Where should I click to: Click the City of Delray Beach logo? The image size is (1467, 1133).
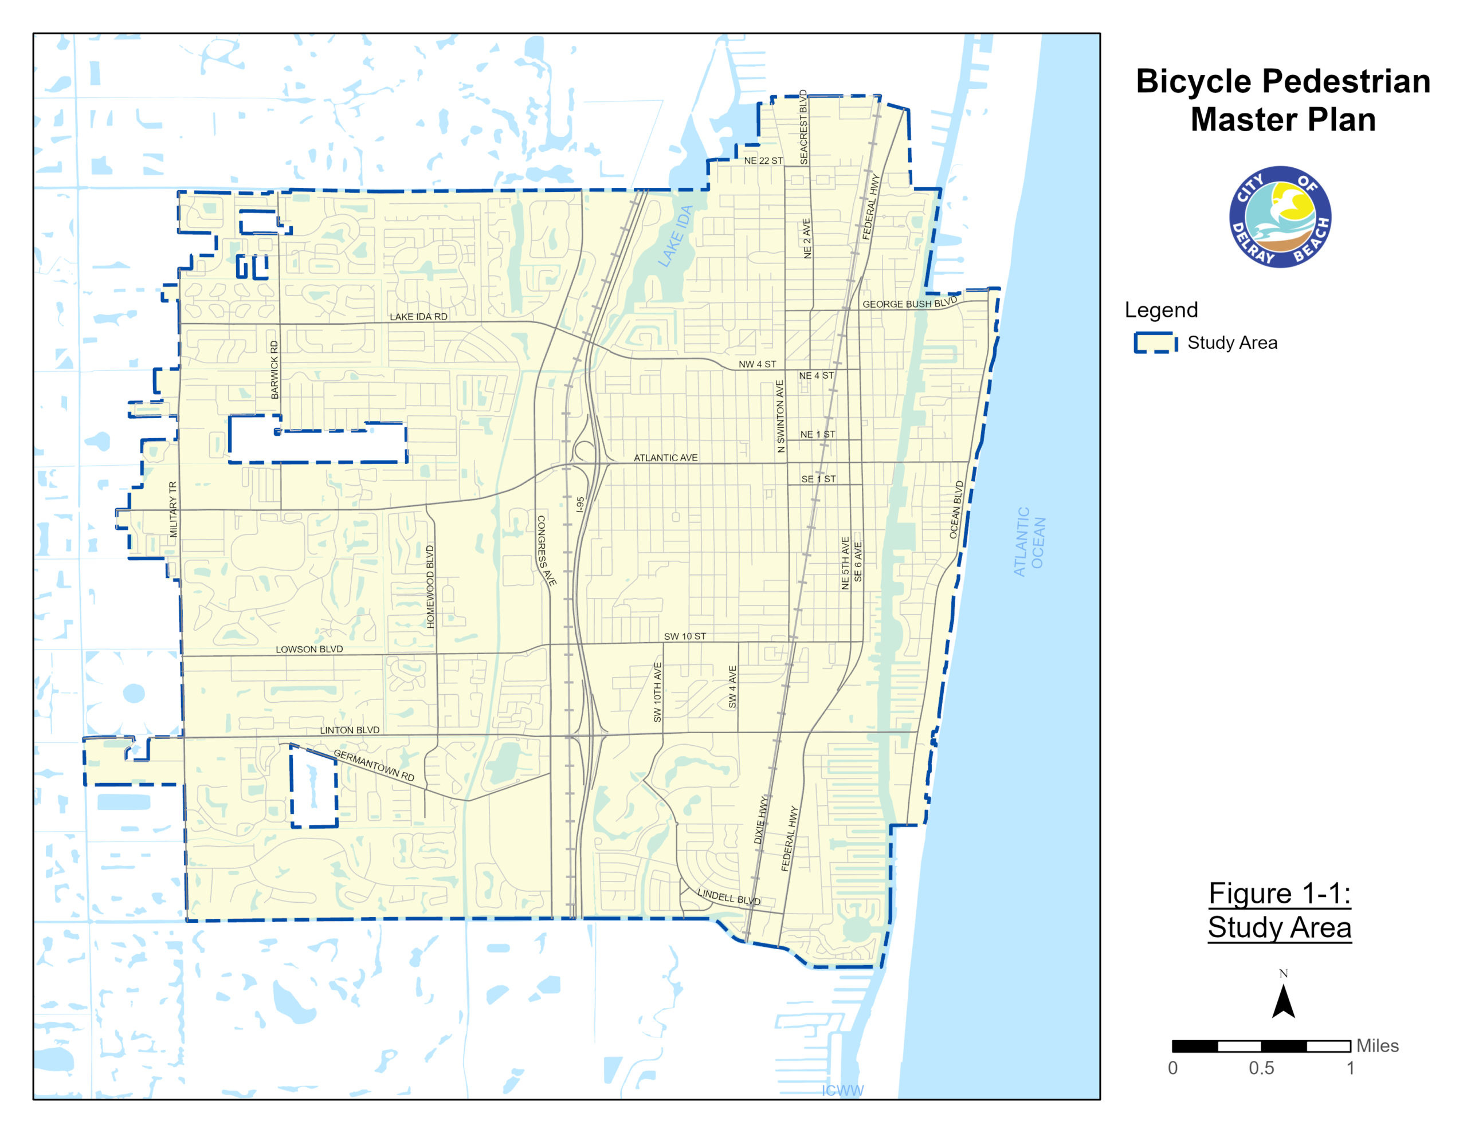click(x=1280, y=217)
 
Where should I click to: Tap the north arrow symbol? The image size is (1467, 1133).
click(x=1283, y=1001)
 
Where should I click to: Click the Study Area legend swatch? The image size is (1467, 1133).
click(x=1155, y=343)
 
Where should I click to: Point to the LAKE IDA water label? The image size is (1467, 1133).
click(x=675, y=237)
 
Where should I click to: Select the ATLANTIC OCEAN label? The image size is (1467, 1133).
click(x=1029, y=541)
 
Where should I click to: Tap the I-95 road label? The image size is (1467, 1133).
click(x=580, y=505)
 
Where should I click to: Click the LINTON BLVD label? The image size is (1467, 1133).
click(x=350, y=730)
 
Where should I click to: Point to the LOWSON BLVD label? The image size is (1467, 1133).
click(x=309, y=650)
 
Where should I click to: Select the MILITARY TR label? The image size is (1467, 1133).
click(x=173, y=509)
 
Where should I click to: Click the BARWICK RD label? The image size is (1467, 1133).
click(x=274, y=369)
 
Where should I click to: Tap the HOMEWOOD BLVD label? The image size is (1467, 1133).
click(x=430, y=587)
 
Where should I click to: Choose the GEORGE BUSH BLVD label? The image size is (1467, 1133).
click(x=909, y=303)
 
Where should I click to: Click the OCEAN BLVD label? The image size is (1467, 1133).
click(x=956, y=509)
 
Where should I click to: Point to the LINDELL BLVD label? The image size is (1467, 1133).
click(x=729, y=896)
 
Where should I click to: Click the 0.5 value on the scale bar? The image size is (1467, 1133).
click(x=1261, y=1068)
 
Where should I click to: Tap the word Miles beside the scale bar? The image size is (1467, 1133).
click(x=1377, y=1046)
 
